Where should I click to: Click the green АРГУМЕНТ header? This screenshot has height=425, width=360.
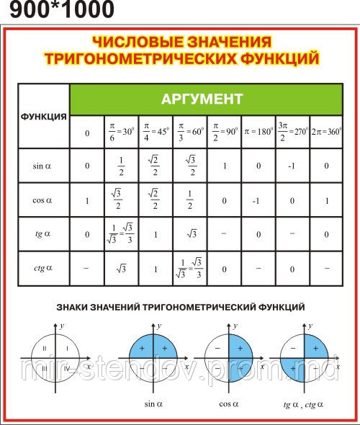(205, 98)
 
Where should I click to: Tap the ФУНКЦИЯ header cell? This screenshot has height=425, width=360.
(44, 116)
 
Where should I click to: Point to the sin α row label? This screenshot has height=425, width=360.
(43, 166)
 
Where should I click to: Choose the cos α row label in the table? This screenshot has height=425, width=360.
(43, 201)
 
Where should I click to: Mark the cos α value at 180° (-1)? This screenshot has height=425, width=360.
(258, 201)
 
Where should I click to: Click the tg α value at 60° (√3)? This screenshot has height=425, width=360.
(190, 234)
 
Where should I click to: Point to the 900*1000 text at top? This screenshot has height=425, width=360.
(58, 10)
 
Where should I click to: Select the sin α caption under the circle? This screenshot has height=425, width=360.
(152, 404)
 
